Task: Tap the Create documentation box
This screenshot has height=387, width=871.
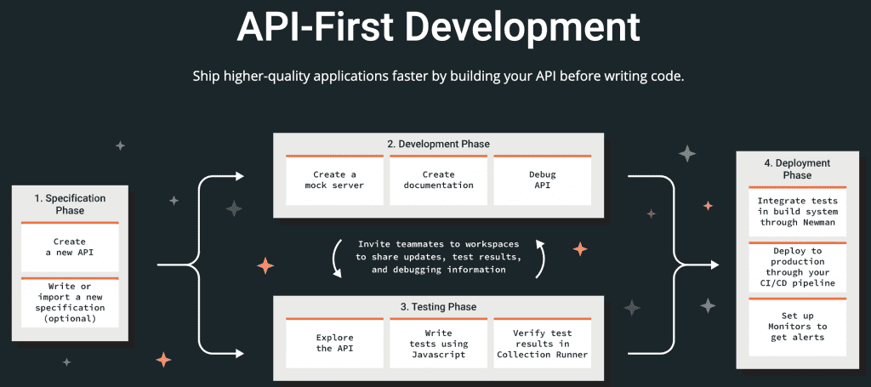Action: [438, 179]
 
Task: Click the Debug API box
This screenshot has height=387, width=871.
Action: [542, 179]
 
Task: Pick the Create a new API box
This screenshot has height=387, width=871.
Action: [70, 248]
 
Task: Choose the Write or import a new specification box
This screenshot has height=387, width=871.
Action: [70, 302]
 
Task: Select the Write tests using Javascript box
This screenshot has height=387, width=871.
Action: [438, 344]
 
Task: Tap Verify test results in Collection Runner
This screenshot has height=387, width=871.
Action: [542, 344]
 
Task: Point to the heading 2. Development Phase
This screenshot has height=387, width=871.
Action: [438, 144]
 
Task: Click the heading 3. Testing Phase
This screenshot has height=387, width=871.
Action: [438, 306]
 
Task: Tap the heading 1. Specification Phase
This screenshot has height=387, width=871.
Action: [70, 203]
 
